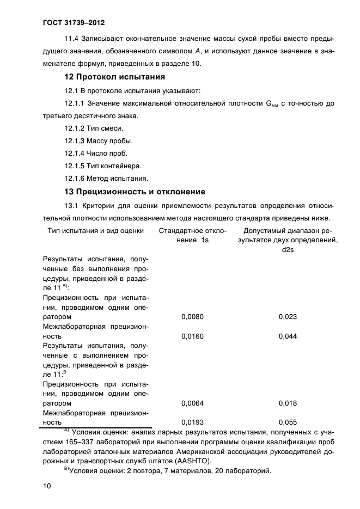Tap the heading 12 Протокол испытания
tap(114, 77)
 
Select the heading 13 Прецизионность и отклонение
tap(135, 192)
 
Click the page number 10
tap(46, 486)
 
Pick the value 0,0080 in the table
tap(192, 316)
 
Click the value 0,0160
tap(192, 336)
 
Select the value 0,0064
tap(192, 403)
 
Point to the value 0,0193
tap(192, 422)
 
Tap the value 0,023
tap(288, 316)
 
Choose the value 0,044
tap(288, 336)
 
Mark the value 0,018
tap(288, 403)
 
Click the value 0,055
tap(288, 422)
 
